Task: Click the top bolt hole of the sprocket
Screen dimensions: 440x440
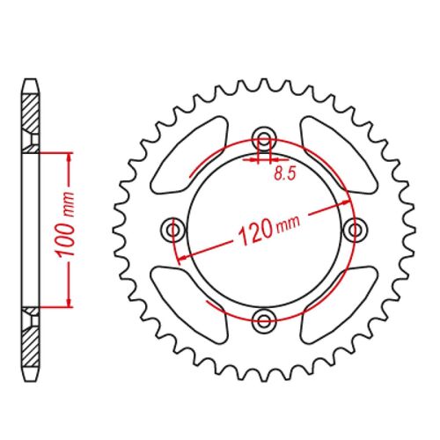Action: point(263,138)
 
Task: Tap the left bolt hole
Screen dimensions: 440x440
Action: point(172,230)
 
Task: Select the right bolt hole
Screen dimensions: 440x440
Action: point(356,230)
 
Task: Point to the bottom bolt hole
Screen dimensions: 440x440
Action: point(263,319)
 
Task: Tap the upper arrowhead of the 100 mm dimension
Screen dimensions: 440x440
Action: point(68,157)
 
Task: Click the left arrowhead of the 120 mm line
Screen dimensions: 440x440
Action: point(181,256)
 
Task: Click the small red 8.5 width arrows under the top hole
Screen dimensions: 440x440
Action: point(261,160)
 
